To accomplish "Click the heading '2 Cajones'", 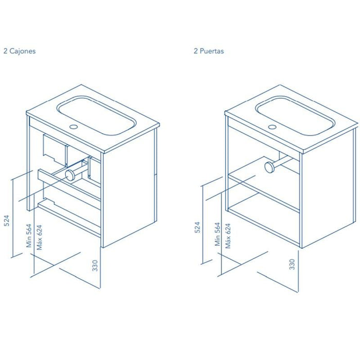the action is point(20,51).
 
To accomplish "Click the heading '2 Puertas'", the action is point(209,51).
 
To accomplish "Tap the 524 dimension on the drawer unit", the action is point(7,221).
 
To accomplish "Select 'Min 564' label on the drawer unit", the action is point(29,236).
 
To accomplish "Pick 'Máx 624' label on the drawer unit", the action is point(40,238).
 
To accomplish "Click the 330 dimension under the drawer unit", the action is point(95,265).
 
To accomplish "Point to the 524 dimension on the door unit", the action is point(197,227).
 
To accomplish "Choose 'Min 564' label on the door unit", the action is point(218,234).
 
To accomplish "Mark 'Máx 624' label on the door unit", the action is point(228,236).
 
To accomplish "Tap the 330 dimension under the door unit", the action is point(292,264).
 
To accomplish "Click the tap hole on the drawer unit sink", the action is point(74,127).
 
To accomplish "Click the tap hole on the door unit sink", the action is point(272,127).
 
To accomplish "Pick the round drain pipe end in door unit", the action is point(270,167).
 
